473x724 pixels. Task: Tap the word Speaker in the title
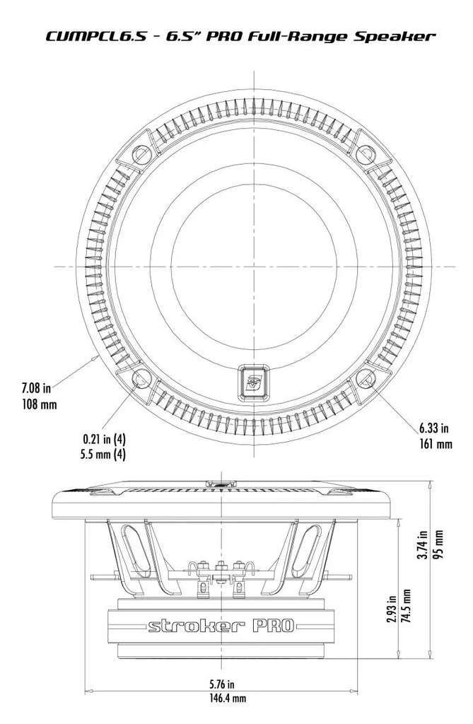[x=395, y=37]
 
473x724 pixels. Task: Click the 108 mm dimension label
[x=40, y=404]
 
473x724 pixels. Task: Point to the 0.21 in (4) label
[x=104, y=438]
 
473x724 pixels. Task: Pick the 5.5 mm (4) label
[x=103, y=455]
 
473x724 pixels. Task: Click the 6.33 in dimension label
[x=433, y=428]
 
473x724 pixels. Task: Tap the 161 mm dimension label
[x=435, y=444]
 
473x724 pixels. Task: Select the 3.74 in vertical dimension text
[x=421, y=544]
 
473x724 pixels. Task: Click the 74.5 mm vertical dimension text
[x=406, y=606]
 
